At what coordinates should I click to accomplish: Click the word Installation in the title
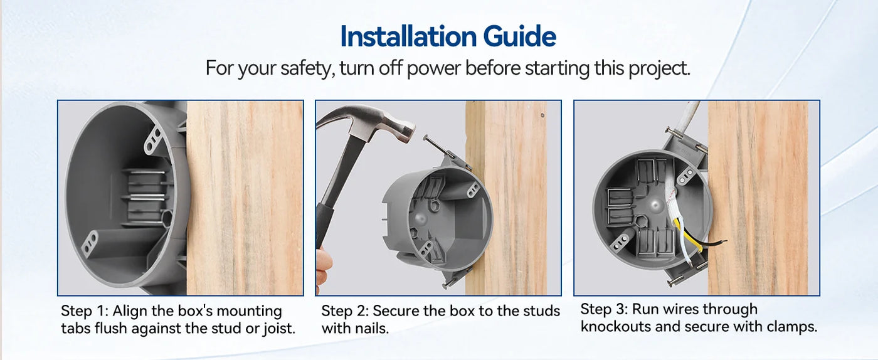click(408, 36)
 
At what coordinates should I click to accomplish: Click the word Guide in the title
click(520, 36)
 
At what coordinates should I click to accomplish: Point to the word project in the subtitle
click(659, 69)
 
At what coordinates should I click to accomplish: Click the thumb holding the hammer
click(323, 267)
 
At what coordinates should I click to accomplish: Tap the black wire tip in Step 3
click(721, 241)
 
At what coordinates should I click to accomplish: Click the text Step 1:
click(84, 311)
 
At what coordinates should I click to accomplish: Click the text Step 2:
click(344, 311)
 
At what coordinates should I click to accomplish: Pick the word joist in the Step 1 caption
click(278, 329)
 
